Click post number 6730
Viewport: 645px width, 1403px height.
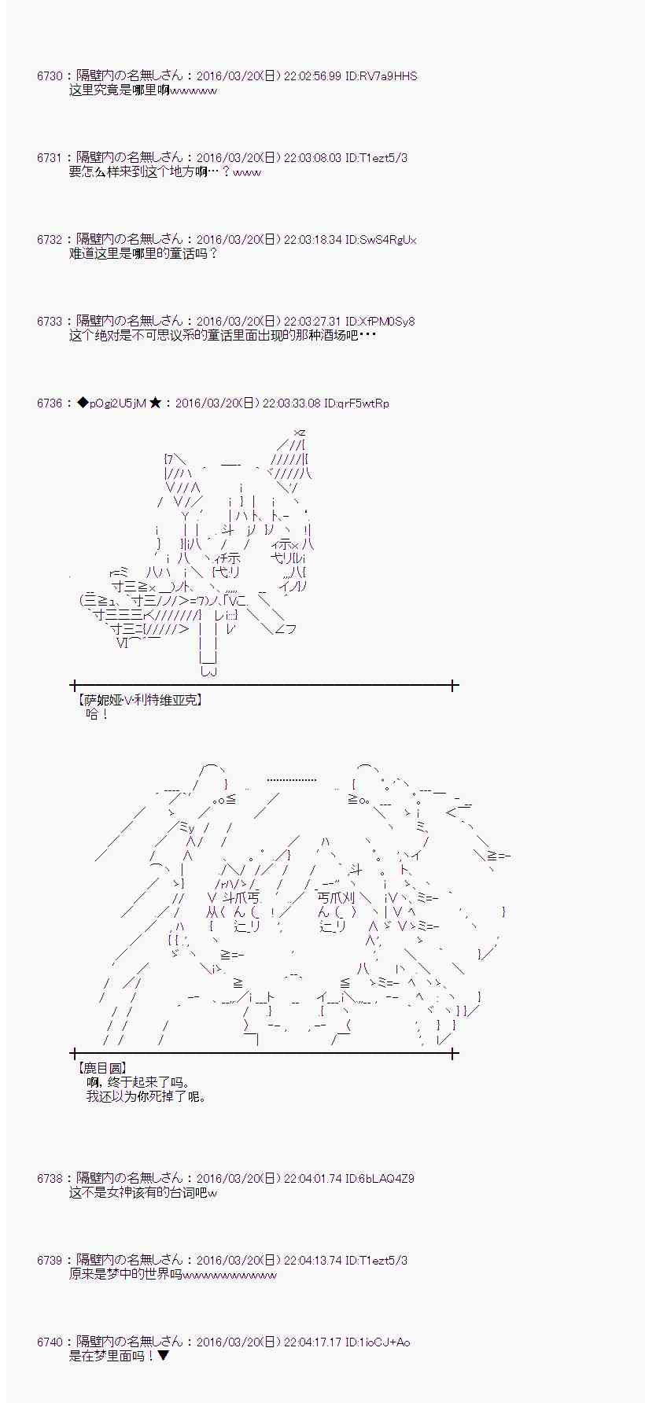[x=49, y=76]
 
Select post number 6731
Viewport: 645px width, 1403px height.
[x=49, y=158]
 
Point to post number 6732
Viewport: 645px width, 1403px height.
[x=49, y=240]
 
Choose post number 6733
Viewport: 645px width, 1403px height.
[x=49, y=322]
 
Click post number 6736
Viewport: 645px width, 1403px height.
[x=49, y=403]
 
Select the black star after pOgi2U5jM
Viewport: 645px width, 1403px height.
[x=155, y=403]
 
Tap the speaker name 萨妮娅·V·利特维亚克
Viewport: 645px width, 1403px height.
[x=140, y=699]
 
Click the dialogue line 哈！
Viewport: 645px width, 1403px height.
[x=97, y=714]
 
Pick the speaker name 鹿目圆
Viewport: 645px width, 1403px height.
[x=102, y=1069]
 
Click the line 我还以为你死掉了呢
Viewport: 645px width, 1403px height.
[x=146, y=1096]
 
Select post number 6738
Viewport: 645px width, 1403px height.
[x=49, y=1179]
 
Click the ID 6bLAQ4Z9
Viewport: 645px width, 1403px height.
[x=380, y=1179]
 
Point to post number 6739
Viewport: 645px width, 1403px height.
[x=49, y=1261]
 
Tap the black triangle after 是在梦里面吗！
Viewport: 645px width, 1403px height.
[x=164, y=1357]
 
